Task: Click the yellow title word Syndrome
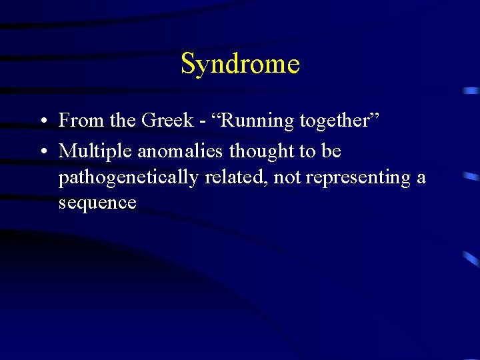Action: [240, 65]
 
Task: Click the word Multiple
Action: [95, 152]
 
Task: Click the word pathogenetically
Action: [129, 178]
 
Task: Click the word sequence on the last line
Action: [97, 203]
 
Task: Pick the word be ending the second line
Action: [331, 152]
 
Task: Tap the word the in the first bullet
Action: [123, 121]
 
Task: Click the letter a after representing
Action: [421, 179]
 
